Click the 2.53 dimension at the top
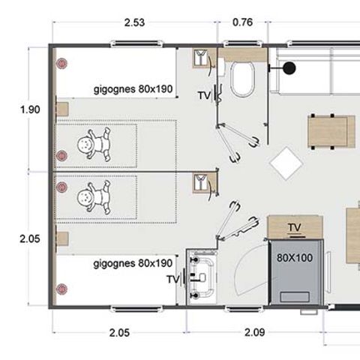(x=135, y=22)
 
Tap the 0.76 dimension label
(x=242, y=22)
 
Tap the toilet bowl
(x=243, y=79)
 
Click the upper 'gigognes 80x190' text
(x=133, y=89)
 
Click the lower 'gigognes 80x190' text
(x=133, y=264)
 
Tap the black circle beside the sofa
(x=289, y=68)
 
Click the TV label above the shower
(x=295, y=226)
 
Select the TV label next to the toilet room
(x=203, y=95)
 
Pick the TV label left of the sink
(x=172, y=279)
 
